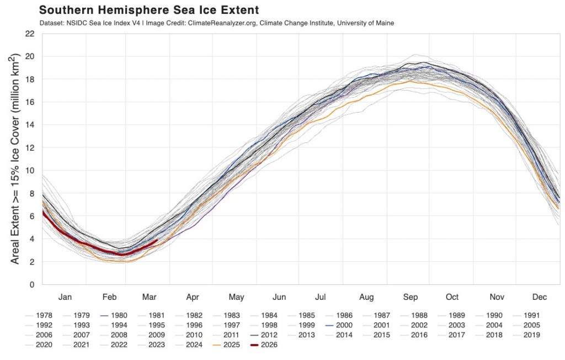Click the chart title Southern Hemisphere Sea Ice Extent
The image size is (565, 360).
tap(150, 10)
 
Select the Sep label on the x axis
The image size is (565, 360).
tap(410, 297)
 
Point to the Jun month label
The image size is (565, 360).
tap(279, 297)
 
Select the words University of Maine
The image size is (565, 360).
tap(366, 23)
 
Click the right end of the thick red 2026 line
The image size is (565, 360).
tap(157, 241)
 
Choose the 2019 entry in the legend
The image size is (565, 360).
tap(532, 335)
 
